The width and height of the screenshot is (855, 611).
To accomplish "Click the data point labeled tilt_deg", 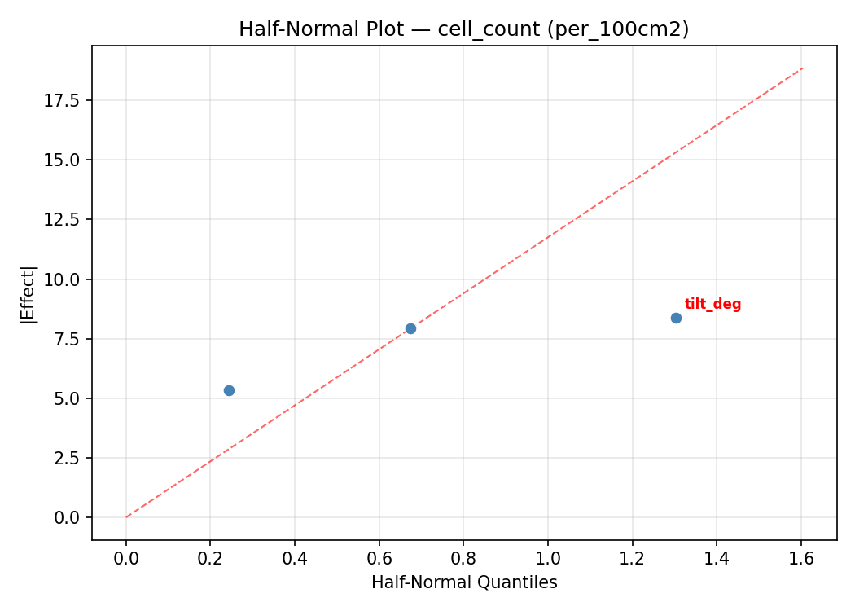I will coord(676,318).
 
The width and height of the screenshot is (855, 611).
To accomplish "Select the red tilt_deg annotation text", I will coord(712,305).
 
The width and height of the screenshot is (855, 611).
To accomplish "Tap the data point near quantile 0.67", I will coord(410,328).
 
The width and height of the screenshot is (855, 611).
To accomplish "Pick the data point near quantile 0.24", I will coord(229,390).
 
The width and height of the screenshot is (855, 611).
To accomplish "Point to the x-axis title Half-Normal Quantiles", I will coord(464,582).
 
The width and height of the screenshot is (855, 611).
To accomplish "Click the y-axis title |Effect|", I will coord(29,293).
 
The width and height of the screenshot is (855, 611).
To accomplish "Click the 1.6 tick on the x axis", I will coord(801,558).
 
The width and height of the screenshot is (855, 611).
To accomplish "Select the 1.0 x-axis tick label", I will coord(548,558).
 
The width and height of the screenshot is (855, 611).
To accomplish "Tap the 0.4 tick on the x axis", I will coord(295,558).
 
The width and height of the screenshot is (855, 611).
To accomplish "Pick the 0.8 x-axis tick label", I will coord(463,558).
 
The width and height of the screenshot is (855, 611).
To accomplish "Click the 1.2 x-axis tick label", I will coord(633,558).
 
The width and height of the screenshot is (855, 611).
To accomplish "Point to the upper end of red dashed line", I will coord(802,68).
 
